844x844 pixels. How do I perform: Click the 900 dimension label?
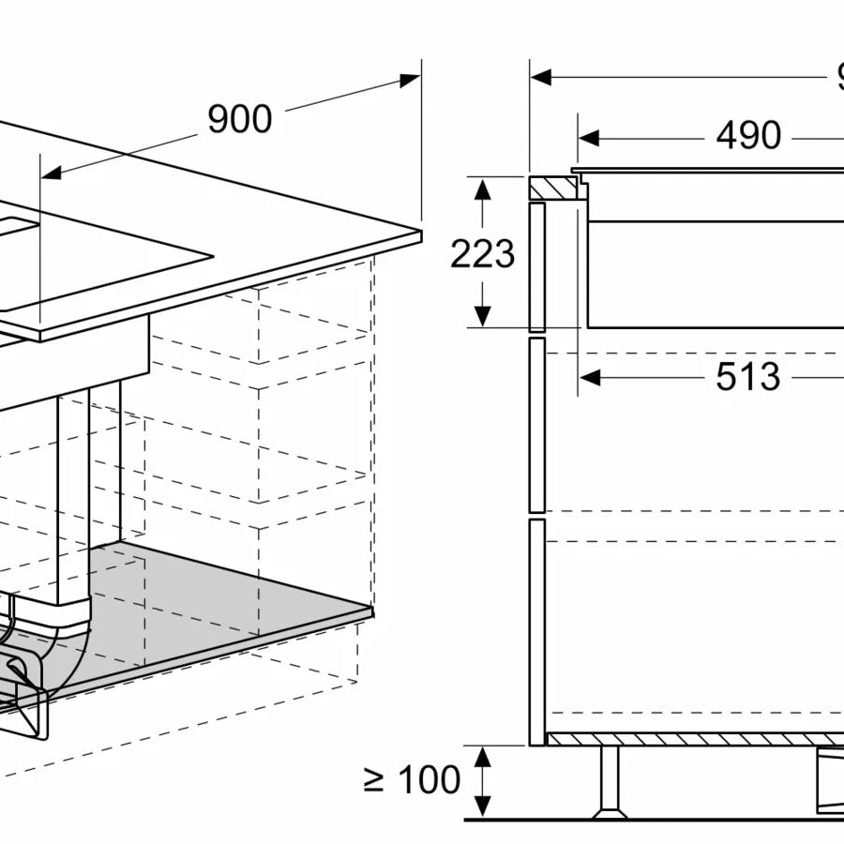[x=239, y=120]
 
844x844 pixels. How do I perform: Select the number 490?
[x=747, y=136]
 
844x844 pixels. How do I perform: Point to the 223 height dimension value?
[x=482, y=254]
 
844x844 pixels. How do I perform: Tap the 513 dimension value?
[x=747, y=377]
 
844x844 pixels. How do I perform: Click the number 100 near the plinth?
[x=428, y=779]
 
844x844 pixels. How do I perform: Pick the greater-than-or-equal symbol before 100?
[x=375, y=780]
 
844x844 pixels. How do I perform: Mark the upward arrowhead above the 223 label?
[x=482, y=188]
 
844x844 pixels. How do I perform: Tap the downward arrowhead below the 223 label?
[x=482, y=317]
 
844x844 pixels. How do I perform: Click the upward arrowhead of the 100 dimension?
[x=482, y=755]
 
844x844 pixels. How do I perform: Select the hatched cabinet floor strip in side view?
[x=694, y=740]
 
